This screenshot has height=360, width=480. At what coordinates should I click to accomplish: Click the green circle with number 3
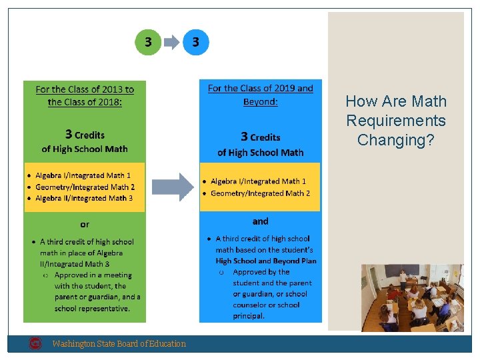(148, 42)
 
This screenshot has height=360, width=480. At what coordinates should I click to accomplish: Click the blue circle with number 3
(195, 42)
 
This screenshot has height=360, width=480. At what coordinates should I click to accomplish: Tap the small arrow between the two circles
(172, 43)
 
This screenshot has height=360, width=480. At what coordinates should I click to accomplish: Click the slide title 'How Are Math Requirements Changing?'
(396, 121)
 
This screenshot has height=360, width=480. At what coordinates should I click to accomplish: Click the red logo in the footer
(36, 343)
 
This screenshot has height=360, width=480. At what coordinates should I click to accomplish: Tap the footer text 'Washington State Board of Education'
(119, 344)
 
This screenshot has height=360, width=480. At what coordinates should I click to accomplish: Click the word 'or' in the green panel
(84, 225)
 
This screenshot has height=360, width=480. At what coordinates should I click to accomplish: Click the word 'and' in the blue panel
(261, 221)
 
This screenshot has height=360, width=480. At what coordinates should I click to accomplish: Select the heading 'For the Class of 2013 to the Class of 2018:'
(85, 95)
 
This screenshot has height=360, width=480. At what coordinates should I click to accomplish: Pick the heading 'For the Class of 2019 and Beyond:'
(260, 95)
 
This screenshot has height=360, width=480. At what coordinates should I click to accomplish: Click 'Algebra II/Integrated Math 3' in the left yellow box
(84, 198)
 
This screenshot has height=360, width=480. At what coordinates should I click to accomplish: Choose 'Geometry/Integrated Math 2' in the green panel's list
(85, 187)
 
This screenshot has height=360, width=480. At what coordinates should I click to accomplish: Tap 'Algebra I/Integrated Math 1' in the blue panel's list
(258, 181)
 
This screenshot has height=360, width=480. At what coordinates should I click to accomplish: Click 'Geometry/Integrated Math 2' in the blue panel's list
(260, 193)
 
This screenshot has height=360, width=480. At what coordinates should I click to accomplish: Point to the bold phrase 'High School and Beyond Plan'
(266, 261)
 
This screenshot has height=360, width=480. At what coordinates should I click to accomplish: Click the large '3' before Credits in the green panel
(68, 135)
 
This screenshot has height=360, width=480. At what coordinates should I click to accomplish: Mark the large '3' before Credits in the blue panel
(244, 137)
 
